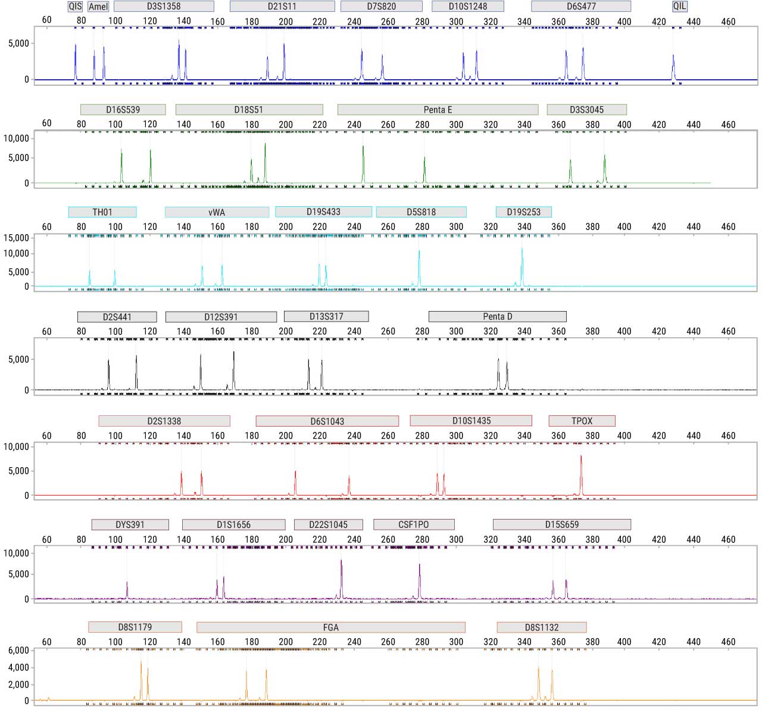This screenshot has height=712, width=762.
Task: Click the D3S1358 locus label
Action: coord(164,7)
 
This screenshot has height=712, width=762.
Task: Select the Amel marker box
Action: coord(98,7)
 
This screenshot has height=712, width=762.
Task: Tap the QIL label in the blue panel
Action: coord(679,7)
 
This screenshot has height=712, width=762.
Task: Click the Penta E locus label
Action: coord(438,110)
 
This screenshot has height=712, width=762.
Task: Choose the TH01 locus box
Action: coord(102,212)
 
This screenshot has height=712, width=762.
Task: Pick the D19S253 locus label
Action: coord(523,212)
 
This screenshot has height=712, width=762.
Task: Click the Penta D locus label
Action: coord(497,316)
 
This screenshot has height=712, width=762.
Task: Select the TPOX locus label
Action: coord(582,421)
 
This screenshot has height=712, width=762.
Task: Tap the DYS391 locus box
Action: coord(130,525)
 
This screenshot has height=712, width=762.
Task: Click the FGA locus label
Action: coord(330,627)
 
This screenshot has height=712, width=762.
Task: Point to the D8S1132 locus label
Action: coord(542,627)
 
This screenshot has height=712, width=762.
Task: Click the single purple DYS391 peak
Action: coord(127,590)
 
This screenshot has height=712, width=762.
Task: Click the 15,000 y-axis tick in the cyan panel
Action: coord(17,238)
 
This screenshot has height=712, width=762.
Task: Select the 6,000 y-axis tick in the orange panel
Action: coord(18,650)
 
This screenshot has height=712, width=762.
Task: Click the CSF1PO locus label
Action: coord(414,525)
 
